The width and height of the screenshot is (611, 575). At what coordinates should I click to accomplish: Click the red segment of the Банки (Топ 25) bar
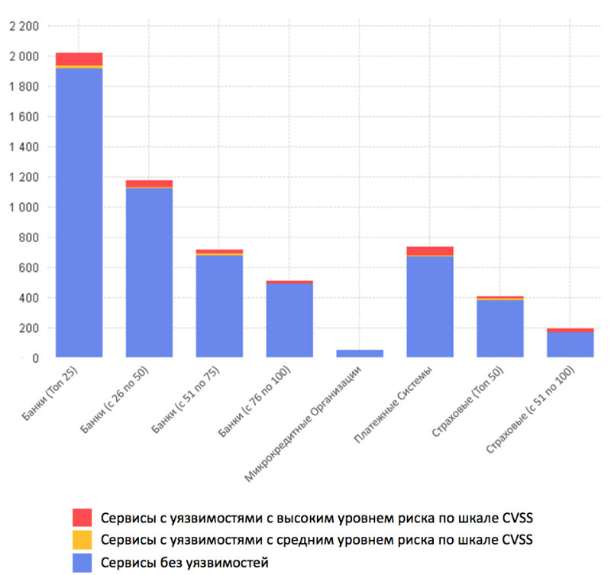click(x=79, y=59)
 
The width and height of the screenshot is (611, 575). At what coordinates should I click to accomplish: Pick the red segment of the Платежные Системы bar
click(x=430, y=250)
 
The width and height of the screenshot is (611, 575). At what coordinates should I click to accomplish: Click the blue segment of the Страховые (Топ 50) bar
click(x=500, y=328)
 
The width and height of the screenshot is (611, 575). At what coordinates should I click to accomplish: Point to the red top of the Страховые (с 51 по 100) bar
click(x=571, y=330)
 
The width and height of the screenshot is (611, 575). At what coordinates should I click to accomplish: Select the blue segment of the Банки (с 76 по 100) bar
click(x=289, y=320)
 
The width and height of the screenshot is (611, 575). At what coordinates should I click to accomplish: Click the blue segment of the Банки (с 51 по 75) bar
click(x=219, y=305)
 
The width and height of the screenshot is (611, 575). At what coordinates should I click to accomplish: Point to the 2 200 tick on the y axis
click(x=23, y=27)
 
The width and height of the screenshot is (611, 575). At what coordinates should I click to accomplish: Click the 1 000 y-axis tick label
click(x=23, y=207)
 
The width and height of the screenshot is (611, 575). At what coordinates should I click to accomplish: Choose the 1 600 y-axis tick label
click(x=23, y=117)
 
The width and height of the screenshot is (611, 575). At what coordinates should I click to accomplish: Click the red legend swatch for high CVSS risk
click(x=82, y=518)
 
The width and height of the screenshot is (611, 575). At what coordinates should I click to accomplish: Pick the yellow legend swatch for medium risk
click(x=82, y=540)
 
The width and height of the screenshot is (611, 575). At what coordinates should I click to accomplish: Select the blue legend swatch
click(x=82, y=563)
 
